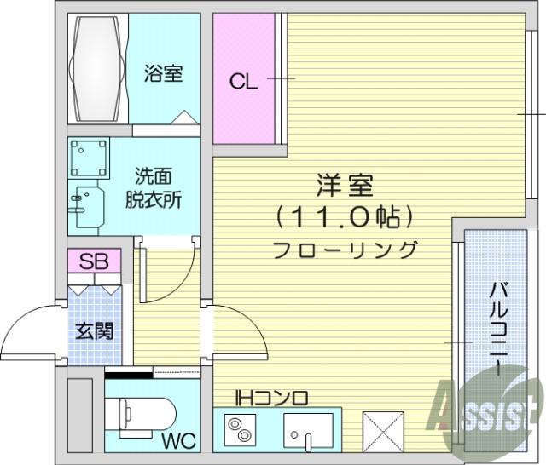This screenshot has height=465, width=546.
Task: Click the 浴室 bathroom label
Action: click(163, 73)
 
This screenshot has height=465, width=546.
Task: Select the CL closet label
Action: click(243, 83)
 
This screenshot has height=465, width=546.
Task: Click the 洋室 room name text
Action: click(345, 186)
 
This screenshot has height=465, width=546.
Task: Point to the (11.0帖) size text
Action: click(345, 218)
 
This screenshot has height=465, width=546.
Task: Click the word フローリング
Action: click(345, 250)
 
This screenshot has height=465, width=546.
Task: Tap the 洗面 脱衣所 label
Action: click(154, 187)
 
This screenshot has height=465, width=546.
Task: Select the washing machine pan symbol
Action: click(89, 158)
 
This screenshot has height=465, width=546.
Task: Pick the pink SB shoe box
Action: click(95, 261)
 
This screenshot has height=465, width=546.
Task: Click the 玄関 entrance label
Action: click(95, 330)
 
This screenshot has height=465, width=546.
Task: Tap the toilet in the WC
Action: click(147, 416)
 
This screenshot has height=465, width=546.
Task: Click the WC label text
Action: click(179, 441)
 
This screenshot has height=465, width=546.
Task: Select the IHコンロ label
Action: click(271, 398)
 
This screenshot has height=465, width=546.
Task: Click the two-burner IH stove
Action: click(240, 430)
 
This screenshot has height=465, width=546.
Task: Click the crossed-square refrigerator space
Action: click(383, 432)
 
